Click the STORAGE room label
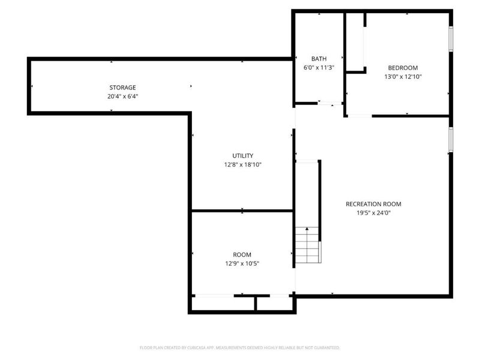click(122, 88)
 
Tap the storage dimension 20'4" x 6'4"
click(122, 96)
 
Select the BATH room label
click(319, 59)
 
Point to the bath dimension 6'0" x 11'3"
click(319, 68)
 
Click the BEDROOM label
click(403, 68)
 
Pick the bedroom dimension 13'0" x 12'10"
click(403, 77)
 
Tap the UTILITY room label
click(242, 155)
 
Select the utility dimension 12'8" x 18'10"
click(242, 164)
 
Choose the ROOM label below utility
click(242, 254)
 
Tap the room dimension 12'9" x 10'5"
click(242, 263)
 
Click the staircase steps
click(308, 247)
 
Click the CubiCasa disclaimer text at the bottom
click(240, 347)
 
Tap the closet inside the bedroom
click(355, 42)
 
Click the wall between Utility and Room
click(242, 211)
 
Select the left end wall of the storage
click(29, 86)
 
